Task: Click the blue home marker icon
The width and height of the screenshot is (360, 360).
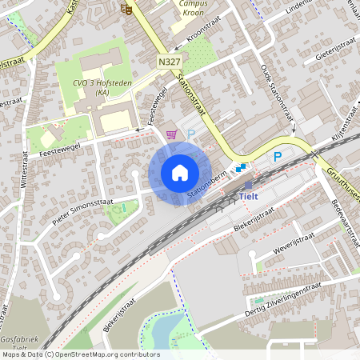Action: click(179, 173)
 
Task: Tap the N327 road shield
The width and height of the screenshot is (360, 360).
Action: click(170, 61)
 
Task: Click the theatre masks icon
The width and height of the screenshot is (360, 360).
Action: click(125, 9)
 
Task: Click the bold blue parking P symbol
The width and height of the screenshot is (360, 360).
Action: click(278, 157)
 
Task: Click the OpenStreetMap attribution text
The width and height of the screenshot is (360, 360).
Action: click(80, 354)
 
